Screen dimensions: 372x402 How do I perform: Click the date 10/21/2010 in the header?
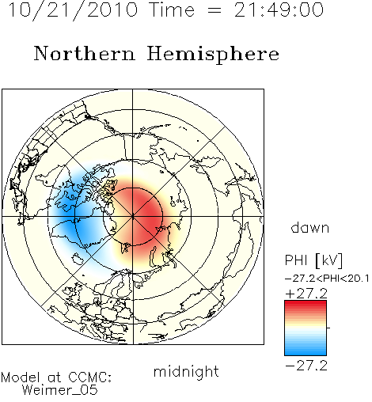coord(73,10)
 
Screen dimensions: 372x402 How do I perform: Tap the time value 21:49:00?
coord(279,9)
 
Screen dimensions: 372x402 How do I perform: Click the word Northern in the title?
coord(85,54)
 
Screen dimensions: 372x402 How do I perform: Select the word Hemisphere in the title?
coord(213,55)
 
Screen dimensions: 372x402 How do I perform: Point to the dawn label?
coord(310,227)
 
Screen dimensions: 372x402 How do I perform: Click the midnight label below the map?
coord(186,373)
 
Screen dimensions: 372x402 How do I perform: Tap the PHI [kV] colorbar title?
coord(313,260)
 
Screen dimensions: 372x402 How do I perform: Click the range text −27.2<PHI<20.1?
coord(327,279)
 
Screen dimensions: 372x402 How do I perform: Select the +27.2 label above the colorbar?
coord(306,294)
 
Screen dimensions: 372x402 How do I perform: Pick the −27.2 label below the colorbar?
coord(306,366)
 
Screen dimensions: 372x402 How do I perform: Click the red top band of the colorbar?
coord(306,305)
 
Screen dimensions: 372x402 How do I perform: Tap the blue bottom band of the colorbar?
coord(306,351)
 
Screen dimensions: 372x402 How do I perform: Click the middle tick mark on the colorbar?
coord(328,328)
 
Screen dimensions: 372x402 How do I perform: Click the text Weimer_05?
coord(60,389)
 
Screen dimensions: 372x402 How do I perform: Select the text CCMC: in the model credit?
coord(90,377)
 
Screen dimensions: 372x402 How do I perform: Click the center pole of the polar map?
coord(133,217)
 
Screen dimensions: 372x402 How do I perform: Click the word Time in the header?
coord(172,9)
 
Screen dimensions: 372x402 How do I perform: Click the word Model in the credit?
coord(21,377)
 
